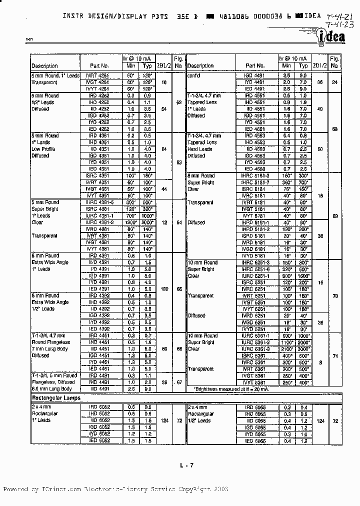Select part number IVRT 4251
[99, 75]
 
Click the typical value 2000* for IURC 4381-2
[147, 222]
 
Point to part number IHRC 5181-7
[254, 182]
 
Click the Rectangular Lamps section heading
[56, 398]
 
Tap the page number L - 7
[186, 465]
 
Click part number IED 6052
[99, 440]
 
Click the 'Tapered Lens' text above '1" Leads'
[203, 102]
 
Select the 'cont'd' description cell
[193, 75]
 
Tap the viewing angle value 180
[164, 288]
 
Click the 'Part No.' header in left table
[99, 65]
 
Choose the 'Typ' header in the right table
[303, 65]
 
